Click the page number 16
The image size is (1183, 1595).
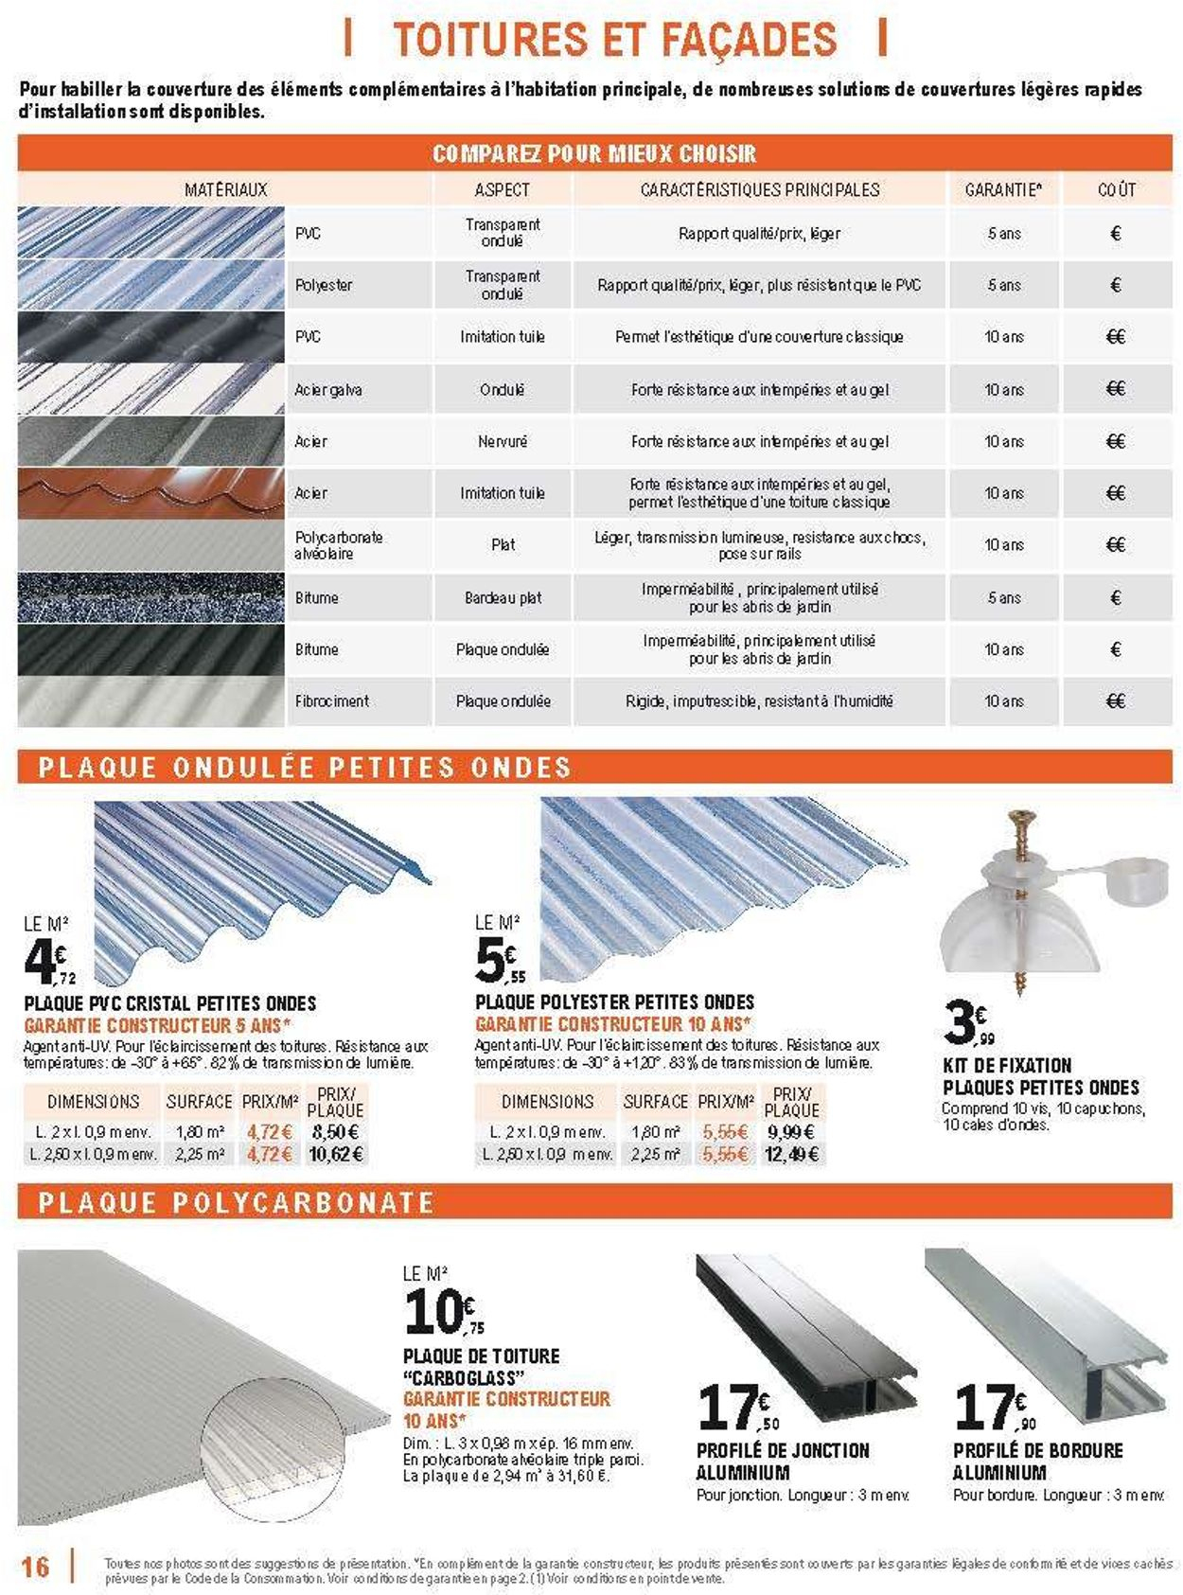(35, 1566)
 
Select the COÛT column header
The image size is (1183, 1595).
(1116, 189)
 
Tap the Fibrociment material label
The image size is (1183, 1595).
(331, 701)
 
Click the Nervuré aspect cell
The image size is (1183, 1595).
(503, 441)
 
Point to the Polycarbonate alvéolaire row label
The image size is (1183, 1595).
(338, 545)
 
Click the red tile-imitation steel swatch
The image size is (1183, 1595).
(150, 493)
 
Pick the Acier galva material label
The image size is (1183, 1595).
(327, 390)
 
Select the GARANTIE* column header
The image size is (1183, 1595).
(1003, 189)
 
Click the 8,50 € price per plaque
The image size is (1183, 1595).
(335, 1132)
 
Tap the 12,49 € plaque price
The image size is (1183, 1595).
(792, 1155)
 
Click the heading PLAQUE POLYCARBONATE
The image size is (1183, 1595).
(237, 1203)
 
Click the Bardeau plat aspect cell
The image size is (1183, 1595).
(503, 598)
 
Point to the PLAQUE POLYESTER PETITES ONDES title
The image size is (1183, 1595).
(614, 1001)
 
